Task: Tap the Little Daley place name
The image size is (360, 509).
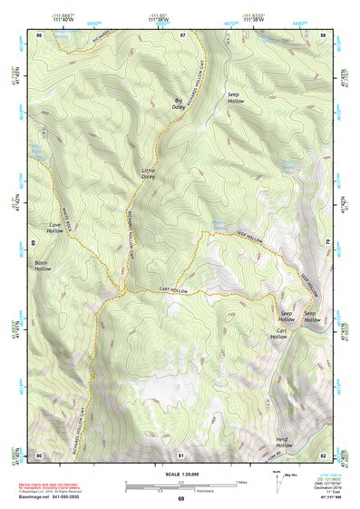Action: click(x=149, y=173)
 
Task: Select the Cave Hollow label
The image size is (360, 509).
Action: click(x=48, y=228)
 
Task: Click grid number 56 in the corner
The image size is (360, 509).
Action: click(x=40, y=34)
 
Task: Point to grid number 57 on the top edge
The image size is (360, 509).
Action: click(x=182, y=34)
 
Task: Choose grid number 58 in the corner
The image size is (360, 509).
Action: click(x=324, y=34)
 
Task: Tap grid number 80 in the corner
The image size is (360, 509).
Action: click(x=40, y=455)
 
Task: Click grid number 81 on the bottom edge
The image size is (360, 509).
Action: click(x=182, y=455)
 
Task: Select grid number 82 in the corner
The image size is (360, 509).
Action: click(x=324, y=455)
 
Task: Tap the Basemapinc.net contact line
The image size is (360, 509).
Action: click(x=56, y=495)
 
